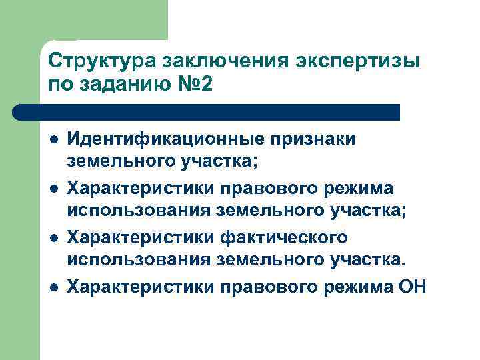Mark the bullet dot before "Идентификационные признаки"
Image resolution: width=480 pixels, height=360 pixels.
(x=53, y=139)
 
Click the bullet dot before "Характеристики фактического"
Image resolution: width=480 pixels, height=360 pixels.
(x=53, y=238)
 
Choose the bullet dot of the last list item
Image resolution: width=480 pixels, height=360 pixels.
(x=53, y=287)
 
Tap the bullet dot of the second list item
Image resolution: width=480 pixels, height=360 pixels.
(x=53, y=189)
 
